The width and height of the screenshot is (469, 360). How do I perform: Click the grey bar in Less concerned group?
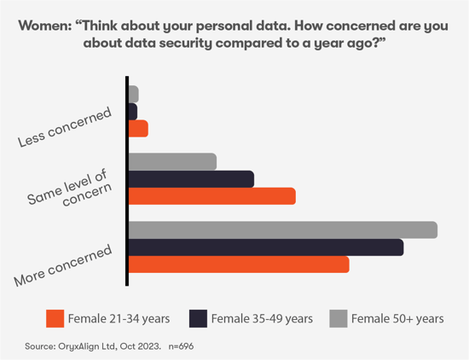tap(133, 94)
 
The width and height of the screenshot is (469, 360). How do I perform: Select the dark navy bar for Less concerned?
tap(132, 111)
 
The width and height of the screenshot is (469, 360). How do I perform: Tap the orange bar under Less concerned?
tap(138, 128)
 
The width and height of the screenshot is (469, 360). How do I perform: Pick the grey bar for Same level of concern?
tap(172, 161)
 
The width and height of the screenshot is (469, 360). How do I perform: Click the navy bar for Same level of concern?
tap(191, 178)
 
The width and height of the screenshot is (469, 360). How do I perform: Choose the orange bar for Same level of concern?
tap(211, 196)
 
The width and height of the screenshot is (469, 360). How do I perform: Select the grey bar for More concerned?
tap(282, 230)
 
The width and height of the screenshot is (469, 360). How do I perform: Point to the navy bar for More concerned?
tap(265, 247)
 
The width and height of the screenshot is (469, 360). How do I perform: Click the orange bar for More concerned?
tap(239, 264)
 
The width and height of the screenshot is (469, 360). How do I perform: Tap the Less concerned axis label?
tap(65, 128)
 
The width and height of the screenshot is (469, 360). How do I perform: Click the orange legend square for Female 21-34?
tap(55, 318)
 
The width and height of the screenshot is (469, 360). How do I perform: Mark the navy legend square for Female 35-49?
tap(198, 318)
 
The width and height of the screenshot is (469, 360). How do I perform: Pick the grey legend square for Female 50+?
tap(338, 318)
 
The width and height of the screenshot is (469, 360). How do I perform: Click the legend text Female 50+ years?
tap(397, 319)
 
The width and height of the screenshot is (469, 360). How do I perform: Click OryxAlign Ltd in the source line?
tap(82, 347)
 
